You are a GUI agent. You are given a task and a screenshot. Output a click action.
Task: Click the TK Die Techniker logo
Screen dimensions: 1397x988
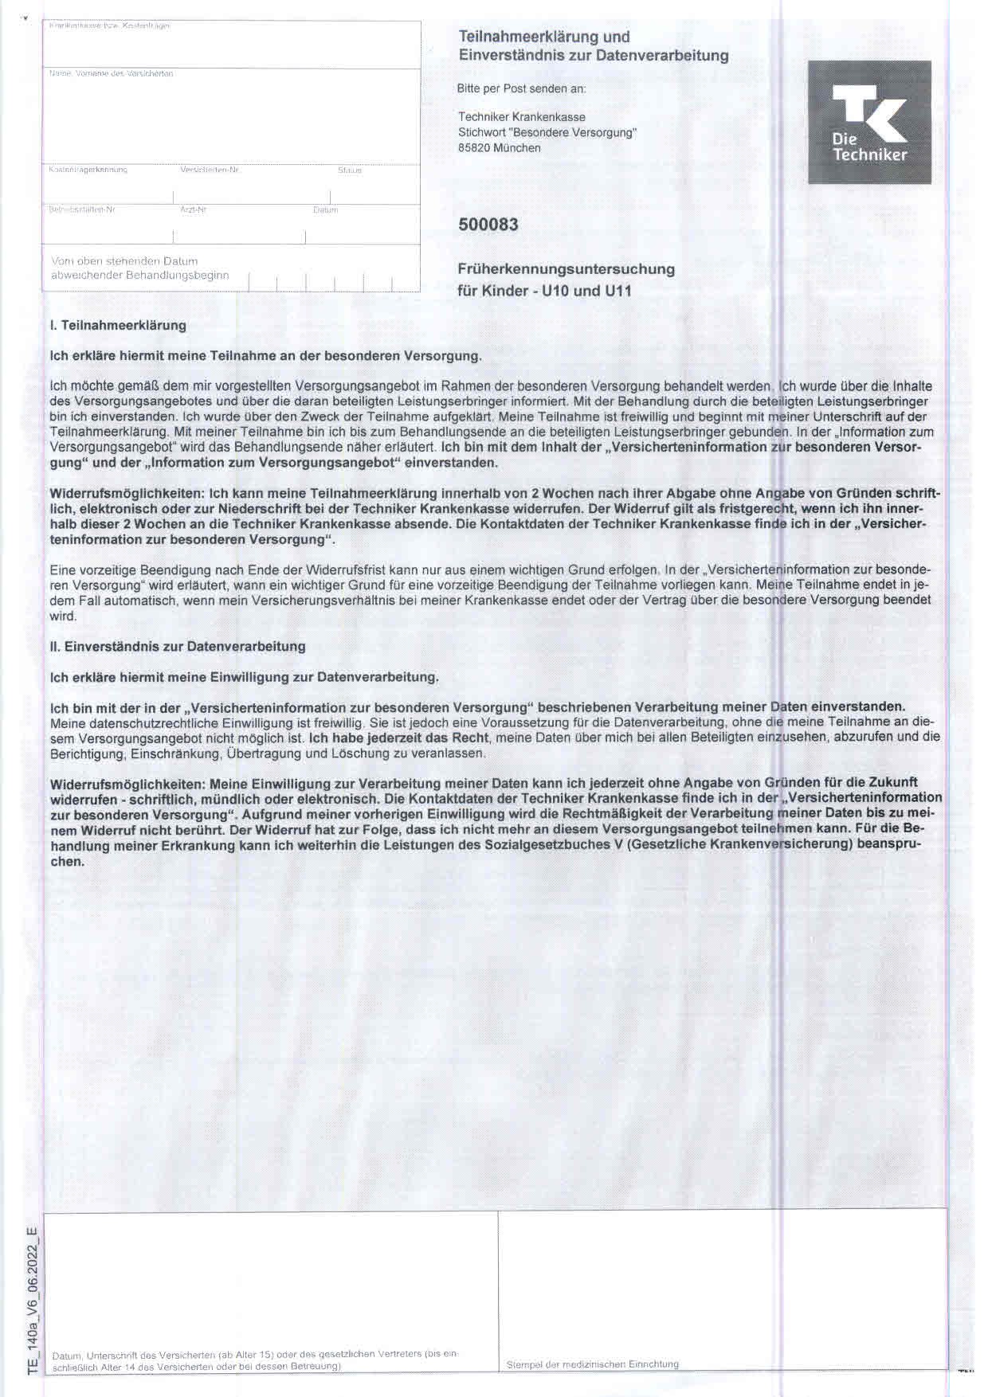(869, 122)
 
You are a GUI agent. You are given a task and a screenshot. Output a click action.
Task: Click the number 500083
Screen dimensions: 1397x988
(488, 225)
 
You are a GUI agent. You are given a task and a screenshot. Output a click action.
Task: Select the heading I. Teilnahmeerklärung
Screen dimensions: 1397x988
(118, 326)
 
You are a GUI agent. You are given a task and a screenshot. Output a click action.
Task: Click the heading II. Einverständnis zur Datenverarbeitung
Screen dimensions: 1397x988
(178, 647)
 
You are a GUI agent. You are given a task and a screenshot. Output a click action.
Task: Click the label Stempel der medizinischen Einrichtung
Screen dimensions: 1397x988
(592, 1364)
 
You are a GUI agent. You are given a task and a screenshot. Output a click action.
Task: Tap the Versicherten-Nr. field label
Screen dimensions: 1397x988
(210, 170)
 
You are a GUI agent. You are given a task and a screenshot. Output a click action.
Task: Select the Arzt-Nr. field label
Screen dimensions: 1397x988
(194, 210)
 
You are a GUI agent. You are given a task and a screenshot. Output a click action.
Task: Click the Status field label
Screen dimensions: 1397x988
(349, 170)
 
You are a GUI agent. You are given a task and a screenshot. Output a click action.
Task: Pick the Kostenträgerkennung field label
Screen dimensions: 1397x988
(88, 170)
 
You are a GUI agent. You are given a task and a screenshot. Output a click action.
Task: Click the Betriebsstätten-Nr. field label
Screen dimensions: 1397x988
(82, 210)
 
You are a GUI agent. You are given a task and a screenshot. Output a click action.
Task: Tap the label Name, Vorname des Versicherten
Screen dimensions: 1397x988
(111, 74)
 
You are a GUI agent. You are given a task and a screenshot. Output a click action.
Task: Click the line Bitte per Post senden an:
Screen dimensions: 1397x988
(522, 89)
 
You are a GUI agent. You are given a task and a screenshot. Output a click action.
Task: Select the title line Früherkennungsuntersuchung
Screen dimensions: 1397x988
(567, 269)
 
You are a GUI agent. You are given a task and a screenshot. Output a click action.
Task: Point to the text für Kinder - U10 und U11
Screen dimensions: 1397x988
(544, 291)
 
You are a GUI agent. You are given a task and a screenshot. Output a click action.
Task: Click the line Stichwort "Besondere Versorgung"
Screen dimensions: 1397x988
(547, 133)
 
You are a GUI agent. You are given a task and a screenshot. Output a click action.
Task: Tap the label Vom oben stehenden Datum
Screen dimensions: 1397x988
(124, 261)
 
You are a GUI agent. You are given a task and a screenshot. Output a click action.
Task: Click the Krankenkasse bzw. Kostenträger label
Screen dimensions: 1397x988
(109, 26)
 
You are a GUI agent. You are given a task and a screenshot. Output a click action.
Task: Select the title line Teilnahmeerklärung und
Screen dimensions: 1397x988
(544, 37)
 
